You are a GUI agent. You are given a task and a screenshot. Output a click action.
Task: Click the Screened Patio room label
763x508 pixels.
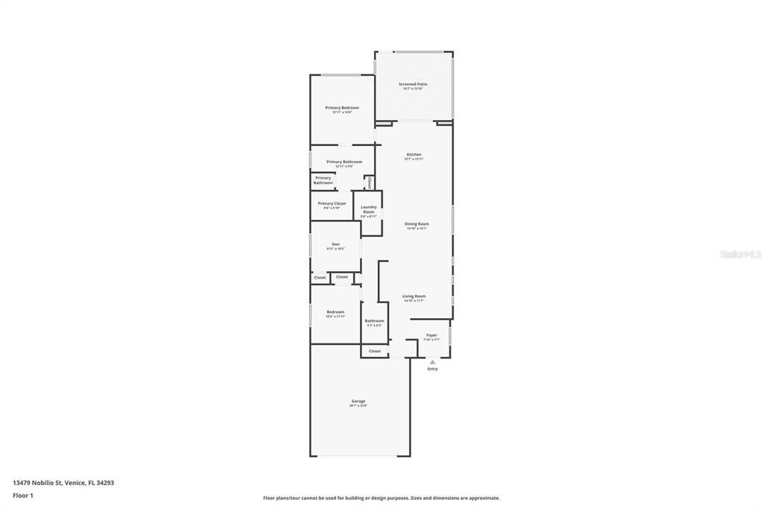413,85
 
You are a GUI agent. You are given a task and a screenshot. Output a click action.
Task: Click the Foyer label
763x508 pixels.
432,336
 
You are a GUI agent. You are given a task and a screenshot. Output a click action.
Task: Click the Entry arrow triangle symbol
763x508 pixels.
432,362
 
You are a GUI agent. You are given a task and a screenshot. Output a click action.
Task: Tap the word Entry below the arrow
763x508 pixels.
432,369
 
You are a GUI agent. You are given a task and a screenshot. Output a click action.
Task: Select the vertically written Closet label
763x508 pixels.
369,182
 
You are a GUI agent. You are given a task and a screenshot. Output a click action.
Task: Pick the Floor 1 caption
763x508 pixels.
23,495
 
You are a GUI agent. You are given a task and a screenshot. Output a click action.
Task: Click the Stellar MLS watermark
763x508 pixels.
740,254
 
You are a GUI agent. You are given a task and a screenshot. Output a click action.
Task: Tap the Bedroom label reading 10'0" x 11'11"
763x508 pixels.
335,314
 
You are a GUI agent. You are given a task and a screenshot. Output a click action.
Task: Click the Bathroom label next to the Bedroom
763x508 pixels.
374,322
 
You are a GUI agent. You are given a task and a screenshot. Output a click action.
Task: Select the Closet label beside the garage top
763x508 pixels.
375,351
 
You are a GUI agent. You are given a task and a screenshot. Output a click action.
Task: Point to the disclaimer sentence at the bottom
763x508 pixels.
381,498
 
